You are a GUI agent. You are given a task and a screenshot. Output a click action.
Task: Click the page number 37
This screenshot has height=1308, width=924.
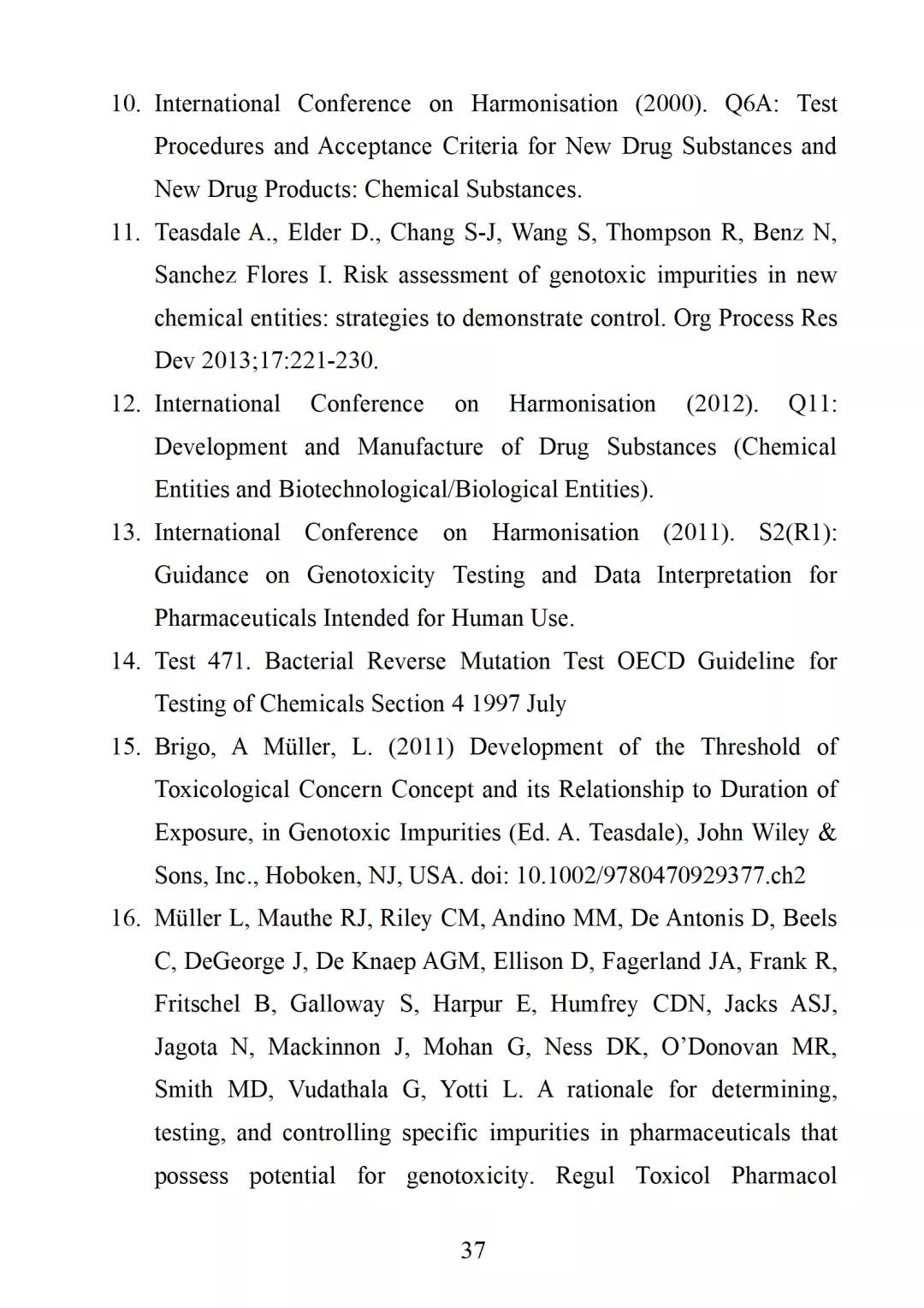click(x=473, y=1251)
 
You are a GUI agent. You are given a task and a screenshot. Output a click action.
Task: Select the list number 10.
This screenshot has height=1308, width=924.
click(x=125, y=104)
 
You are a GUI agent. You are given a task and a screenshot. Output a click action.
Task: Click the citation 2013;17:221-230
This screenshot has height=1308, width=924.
click(x=289, y=361)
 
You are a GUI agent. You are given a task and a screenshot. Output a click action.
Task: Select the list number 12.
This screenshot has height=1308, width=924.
click(x=125, y=404)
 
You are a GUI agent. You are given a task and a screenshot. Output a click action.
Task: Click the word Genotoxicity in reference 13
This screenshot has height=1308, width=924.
click(x=370, y=575)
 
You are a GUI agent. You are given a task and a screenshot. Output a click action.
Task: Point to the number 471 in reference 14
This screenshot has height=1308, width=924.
click(x=228, y=662)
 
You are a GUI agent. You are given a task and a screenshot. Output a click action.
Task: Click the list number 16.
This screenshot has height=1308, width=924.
click(x=125, y=919)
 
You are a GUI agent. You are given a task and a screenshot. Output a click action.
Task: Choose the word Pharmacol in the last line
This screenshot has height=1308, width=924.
click(x=784, y=1176)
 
